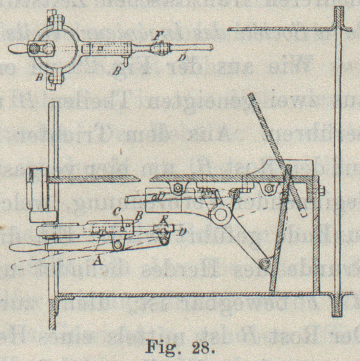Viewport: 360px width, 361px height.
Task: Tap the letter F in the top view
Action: pyautogui.click(x=156, y=35)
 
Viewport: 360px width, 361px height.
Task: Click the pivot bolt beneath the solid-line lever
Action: pyautogui.click(x=117, y=243)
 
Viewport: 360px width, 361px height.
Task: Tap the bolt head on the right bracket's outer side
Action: pyautogui.click(x=321, y=190)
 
